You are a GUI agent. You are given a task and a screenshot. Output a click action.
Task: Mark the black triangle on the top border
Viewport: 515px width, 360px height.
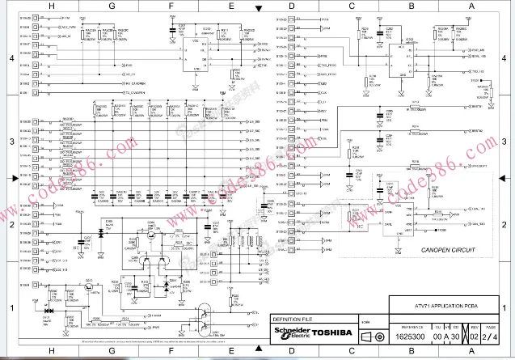point(257,8)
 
